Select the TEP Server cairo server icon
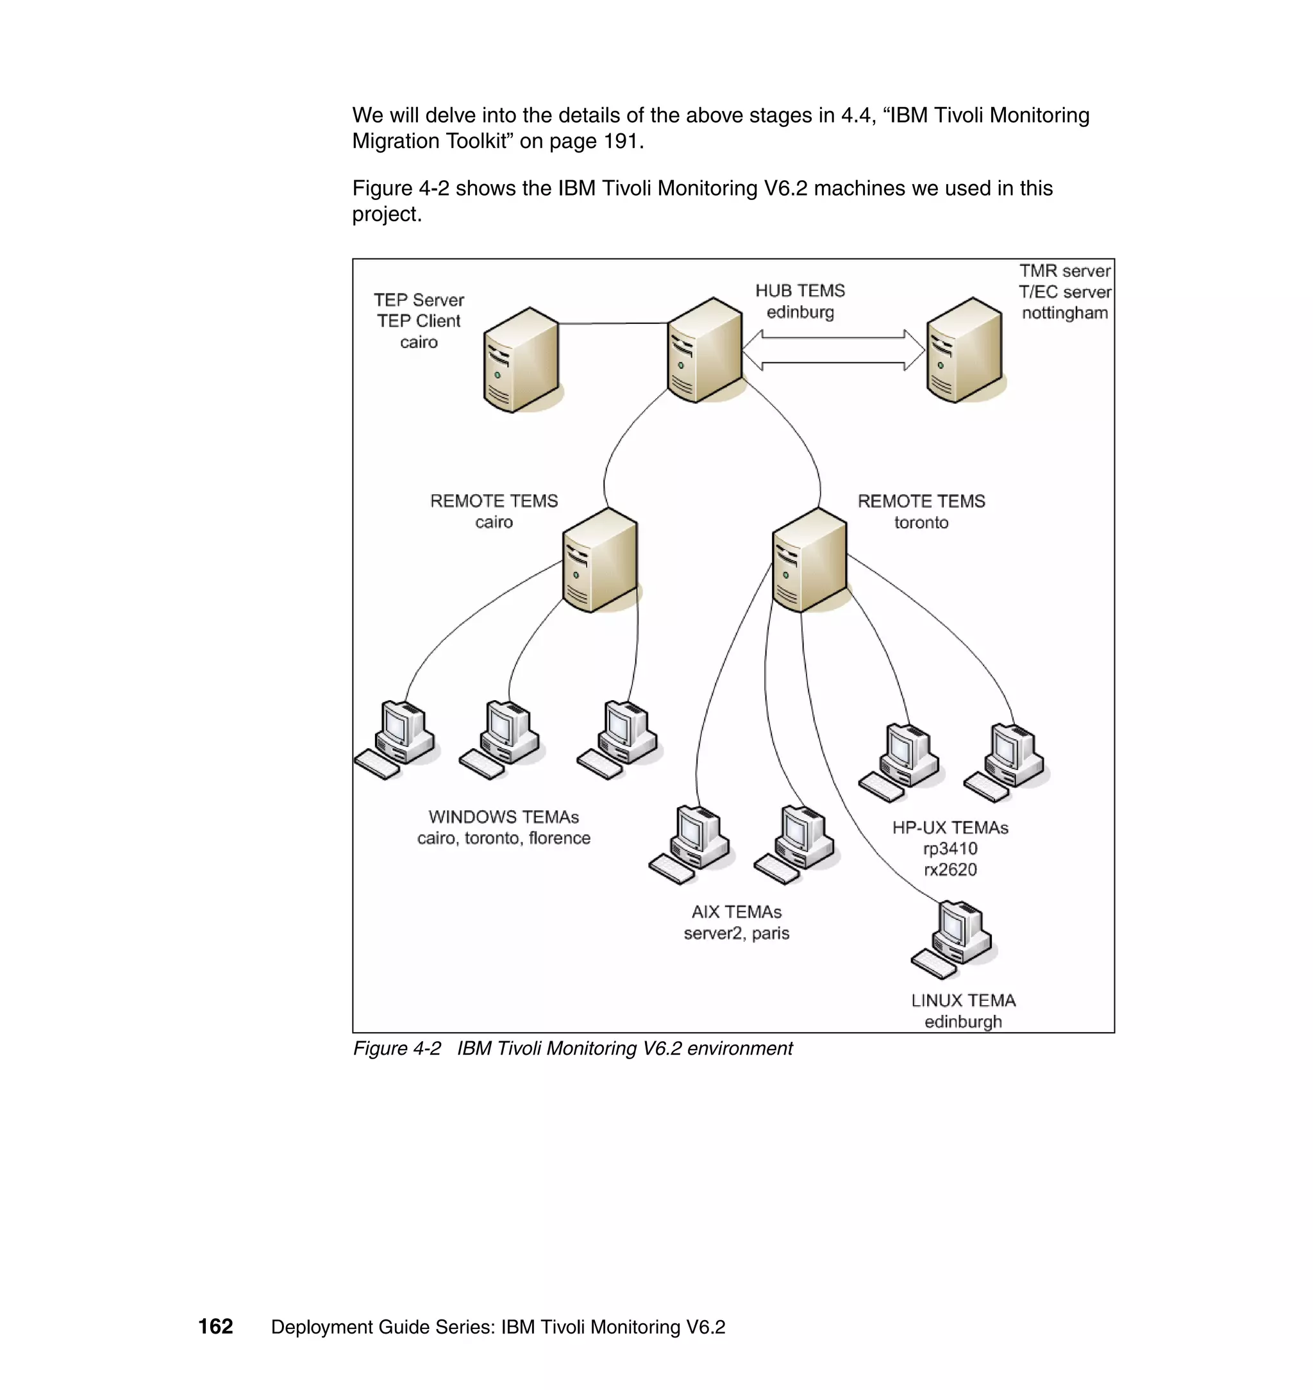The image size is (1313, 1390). coord(521,360)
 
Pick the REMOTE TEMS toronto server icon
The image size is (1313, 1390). coord(810,560)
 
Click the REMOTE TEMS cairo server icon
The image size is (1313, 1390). coord(600,560)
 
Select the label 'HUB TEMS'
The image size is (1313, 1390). coord(799,290)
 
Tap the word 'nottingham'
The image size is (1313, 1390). coord(1064,313)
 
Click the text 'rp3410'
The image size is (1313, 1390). coord(949,849)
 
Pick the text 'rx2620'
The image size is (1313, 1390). coord(949,870)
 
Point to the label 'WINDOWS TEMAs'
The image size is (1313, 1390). coord(503,817)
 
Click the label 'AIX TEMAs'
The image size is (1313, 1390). coord(736,912)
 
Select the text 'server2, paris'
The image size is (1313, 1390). coord(736,933)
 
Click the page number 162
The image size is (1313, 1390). coord(215,1327)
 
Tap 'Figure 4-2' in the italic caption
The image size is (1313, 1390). coord(397,1048)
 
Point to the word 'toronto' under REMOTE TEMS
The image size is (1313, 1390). coord(921,523)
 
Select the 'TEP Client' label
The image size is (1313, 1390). coord(419,321)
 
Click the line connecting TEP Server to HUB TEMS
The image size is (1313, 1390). coord(612,323)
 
